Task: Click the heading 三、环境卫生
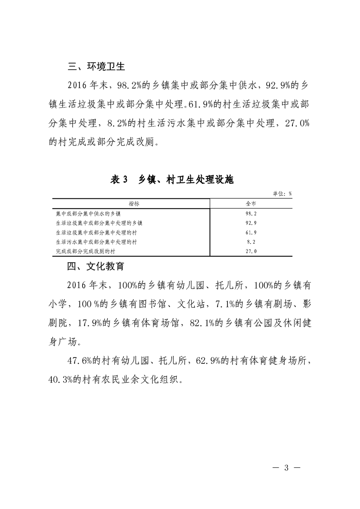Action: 96,67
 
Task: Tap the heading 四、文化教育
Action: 96,266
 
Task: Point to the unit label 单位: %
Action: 282,194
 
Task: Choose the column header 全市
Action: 251,204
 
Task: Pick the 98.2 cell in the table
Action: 251,213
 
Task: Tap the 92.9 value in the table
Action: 251,223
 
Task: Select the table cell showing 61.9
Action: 251,232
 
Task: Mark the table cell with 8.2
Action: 251,242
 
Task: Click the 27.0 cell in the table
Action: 251,251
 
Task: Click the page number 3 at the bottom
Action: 286,468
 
